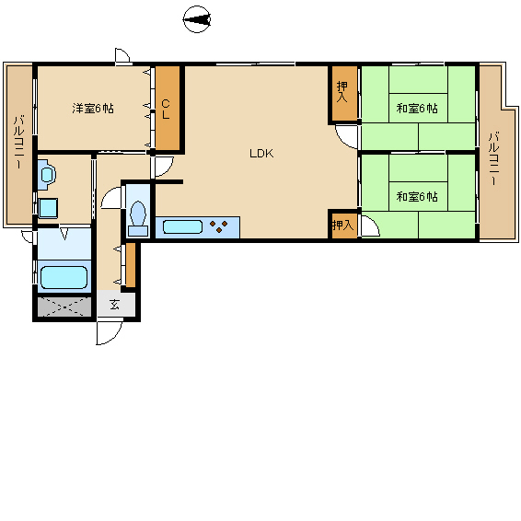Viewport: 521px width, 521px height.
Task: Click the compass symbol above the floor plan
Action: click(x=197, y=19)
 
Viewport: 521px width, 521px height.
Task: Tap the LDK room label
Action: click(x=261, y=154)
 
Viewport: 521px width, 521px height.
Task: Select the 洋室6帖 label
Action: click(x=93, y=109)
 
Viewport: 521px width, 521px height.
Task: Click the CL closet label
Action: click(x=166, y=110)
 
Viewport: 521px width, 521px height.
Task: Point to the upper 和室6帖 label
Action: click(x=417, y=109)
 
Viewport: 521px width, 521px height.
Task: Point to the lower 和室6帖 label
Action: click(x=417, y=197)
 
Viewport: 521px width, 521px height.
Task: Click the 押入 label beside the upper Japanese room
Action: click(x=342, y=92)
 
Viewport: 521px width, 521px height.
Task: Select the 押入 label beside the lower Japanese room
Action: click(x=343, y=226)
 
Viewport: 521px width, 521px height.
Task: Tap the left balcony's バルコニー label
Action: click(x=18, y=142)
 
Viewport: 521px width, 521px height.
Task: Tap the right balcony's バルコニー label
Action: click(x=494, y=158)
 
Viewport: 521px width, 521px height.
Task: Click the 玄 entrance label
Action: click(x=115, y=305)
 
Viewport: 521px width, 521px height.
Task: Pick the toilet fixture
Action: click(x=138, y=219)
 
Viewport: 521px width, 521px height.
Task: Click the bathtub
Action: click(x=64, y=277)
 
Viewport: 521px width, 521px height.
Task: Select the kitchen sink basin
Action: click(x=182, y=227)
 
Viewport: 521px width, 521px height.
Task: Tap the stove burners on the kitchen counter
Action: click(x=219, y=226)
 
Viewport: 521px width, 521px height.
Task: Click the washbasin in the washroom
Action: click(x=47, y=174)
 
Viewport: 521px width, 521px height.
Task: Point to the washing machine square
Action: click(x=48, y=208)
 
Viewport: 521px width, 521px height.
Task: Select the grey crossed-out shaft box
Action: click(x=64, y=307)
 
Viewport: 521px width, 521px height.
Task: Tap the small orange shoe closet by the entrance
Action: click(x=131, y=265)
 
